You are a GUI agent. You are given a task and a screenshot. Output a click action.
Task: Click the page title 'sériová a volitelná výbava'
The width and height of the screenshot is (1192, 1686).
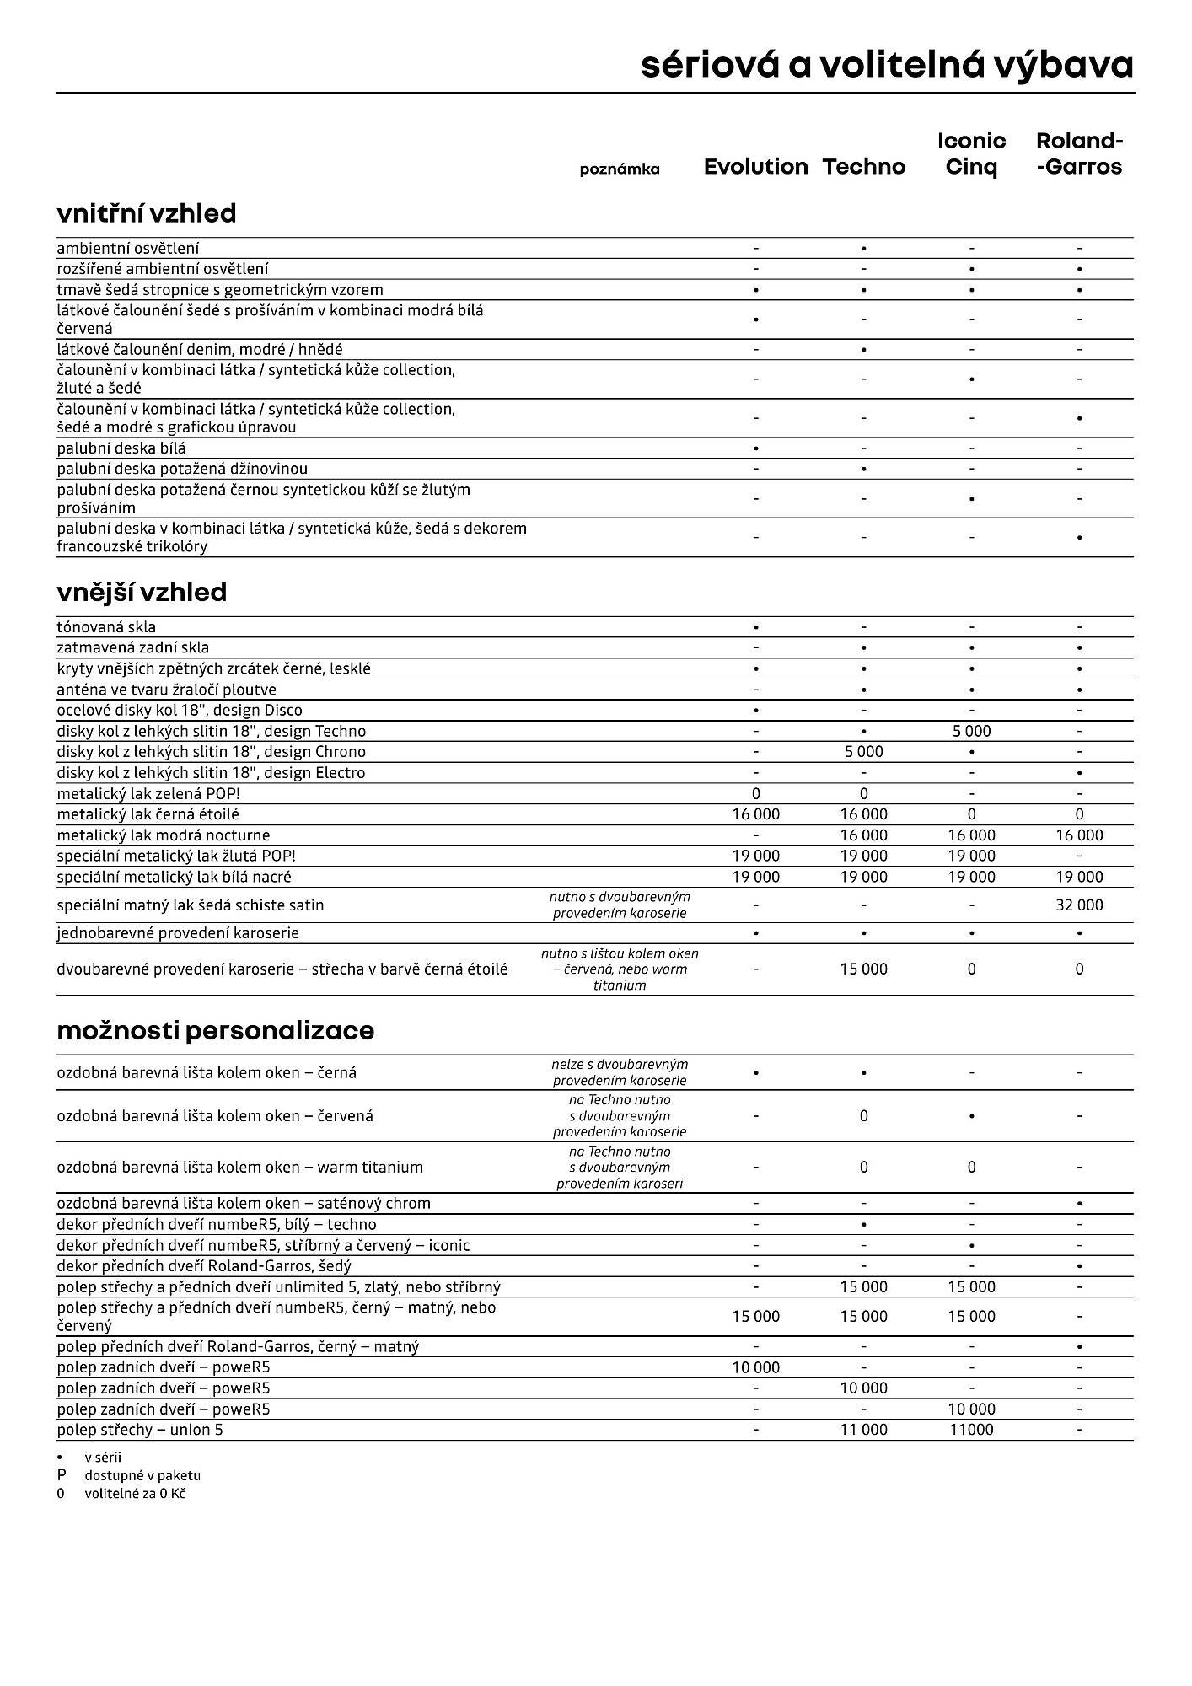[x=887, y=66]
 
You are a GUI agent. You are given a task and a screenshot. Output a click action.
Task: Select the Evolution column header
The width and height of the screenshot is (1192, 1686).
[x=755, y=167]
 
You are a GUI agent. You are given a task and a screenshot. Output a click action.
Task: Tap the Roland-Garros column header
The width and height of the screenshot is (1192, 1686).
[x=1079, y=154]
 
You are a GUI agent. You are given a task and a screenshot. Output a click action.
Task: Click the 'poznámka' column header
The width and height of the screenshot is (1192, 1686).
[x=620, y=169]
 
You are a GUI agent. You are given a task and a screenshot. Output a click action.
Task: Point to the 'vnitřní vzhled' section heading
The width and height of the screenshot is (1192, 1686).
[x=147, y=214]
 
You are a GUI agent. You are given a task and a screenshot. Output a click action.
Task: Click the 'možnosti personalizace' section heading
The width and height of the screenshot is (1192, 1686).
[x=216, y=1031]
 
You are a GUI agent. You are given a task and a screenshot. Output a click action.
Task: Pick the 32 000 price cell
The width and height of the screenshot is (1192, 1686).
[x=1079, y=905]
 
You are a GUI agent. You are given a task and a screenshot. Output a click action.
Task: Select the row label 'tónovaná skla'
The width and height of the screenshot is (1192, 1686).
[x=106, y=627]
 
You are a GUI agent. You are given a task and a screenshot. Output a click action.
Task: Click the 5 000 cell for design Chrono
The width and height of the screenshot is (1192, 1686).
[x=863, y=752]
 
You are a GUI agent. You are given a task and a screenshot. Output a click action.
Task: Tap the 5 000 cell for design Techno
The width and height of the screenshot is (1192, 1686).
[x=971, y=732]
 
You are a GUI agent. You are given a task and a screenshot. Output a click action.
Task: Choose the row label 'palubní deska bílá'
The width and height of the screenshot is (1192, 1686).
[x=121, y=448]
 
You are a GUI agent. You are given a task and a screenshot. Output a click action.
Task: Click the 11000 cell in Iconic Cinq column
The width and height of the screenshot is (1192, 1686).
[x=971, y=1430]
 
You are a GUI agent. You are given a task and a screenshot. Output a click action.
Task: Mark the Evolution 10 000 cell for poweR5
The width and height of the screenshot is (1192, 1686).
[x=755, y=1367]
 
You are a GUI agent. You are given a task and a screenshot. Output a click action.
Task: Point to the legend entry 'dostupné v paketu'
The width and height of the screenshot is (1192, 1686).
[x=142, y=1476]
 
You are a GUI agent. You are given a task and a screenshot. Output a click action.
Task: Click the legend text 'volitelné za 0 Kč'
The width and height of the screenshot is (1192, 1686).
[x=135, y=1494]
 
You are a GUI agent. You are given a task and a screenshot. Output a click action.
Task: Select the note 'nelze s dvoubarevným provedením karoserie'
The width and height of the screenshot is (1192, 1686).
[x=620, y=1072]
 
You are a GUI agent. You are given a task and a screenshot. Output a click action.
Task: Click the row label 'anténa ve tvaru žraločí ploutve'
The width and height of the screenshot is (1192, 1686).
[x=167, y=690]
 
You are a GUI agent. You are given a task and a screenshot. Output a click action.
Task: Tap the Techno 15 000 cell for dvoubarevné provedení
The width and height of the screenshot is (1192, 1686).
[x=863, y=969]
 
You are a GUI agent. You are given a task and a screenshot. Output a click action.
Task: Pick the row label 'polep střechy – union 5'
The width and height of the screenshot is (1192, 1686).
[x=140, y=1430]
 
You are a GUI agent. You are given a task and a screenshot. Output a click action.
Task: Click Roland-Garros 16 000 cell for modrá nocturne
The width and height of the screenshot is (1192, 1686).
[x=1079, y=835]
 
